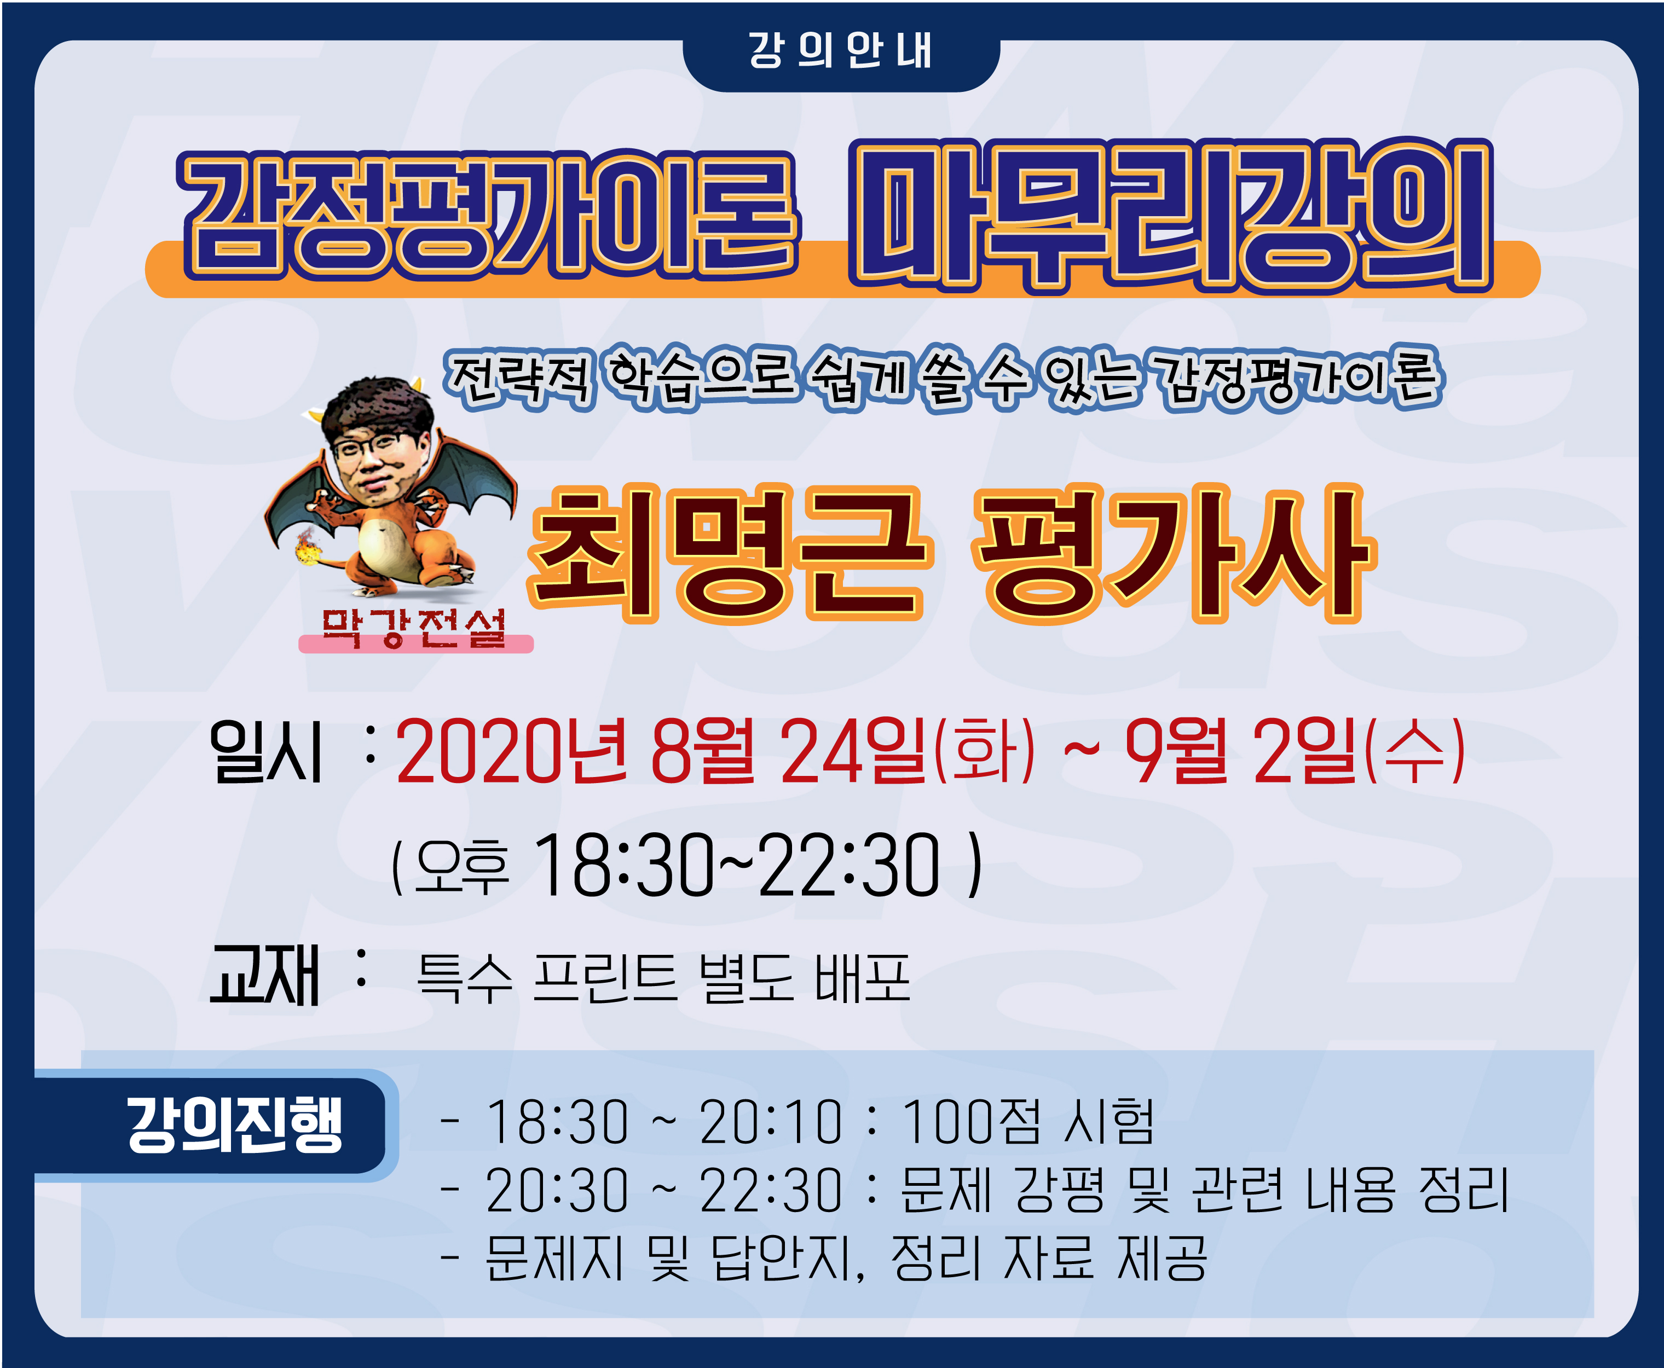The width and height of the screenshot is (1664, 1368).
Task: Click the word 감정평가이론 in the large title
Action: (x=489, y=215)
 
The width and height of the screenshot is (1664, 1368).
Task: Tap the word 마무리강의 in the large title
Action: (x=1171, y=215)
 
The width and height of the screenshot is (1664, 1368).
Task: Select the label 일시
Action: (x=265, y=752)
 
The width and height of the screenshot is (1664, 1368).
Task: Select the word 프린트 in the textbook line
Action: (x=605, y=978)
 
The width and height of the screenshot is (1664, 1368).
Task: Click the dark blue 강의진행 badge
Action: (x=213, y=1125)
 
